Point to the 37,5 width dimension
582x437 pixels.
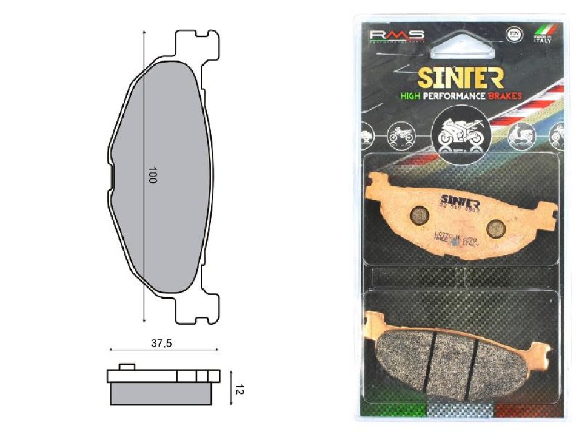[161, 343]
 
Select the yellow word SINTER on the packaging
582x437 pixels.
[460, 78]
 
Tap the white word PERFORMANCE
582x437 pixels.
[457, 96]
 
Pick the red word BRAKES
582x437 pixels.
[505, 96]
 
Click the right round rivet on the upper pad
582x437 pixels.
[496, 226]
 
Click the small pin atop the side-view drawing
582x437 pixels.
[126, 366]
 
